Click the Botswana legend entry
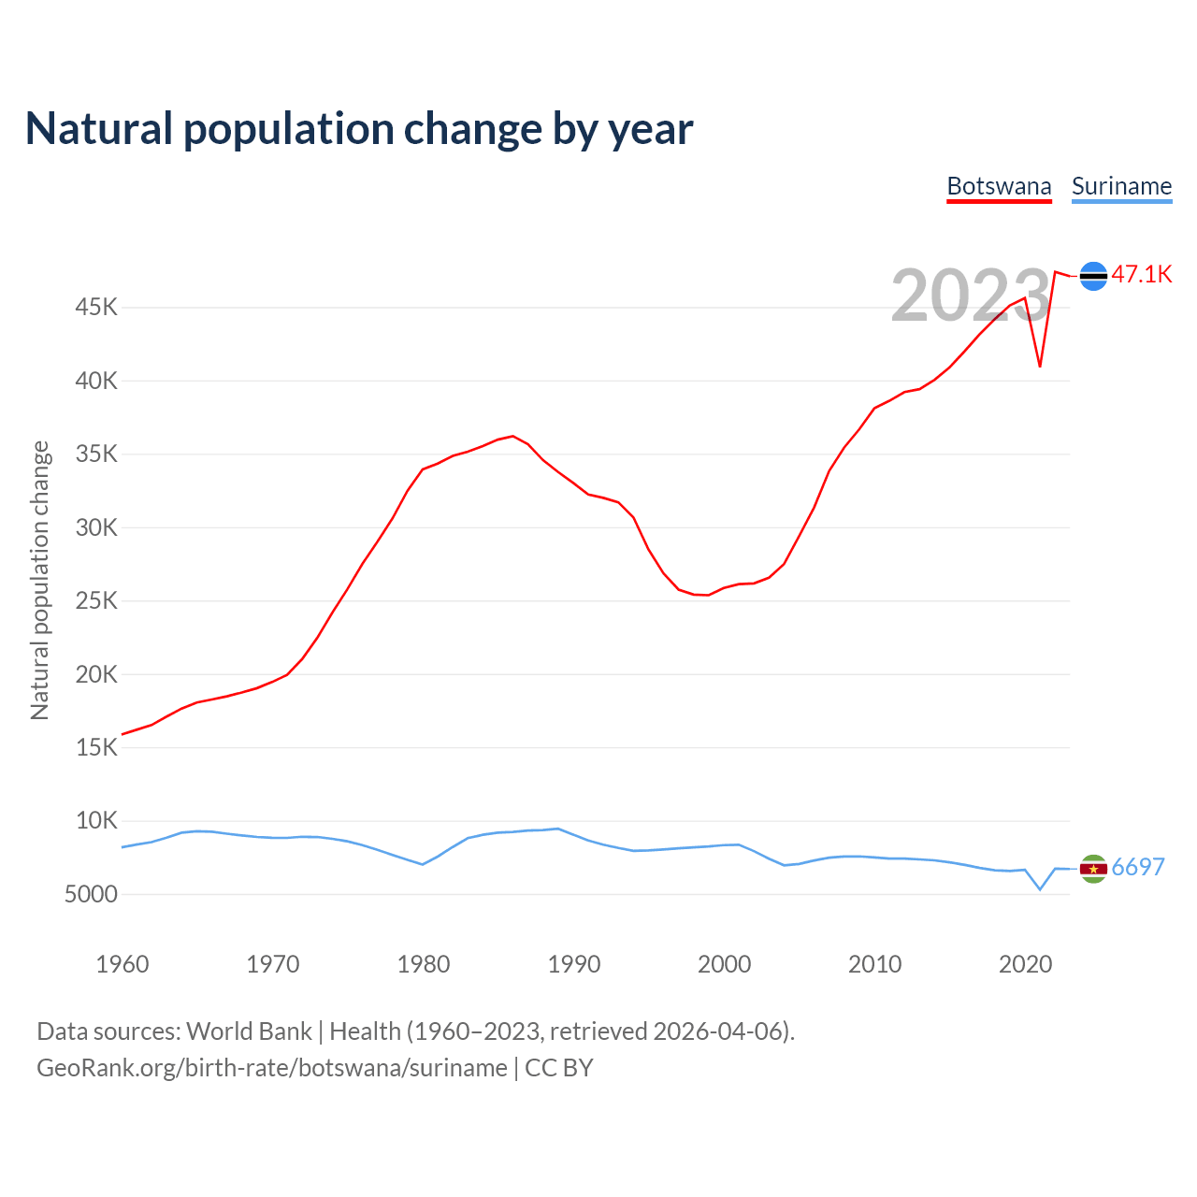pos(999,186)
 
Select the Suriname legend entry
pos(1121,186)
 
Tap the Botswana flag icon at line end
pos(1093,276)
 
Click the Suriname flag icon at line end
pos(1093,869)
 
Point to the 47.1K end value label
pos(1142,274)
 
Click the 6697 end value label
pos(1138,867)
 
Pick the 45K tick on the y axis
pos(96,307)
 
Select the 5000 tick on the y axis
pos(91,895)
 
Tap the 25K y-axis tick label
pos(96,600)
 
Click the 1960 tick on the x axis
pos(123,964)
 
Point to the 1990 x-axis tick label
pos(574,964)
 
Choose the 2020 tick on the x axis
pos(1026,964)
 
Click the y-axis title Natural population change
pos(40,580)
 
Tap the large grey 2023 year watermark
pos(971,296)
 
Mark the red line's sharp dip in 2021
pos(1040,366)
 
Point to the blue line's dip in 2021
pos(1040,889)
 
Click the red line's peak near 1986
pos(512,436)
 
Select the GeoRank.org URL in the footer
pos(271,1068)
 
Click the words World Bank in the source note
pos(249,1031)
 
